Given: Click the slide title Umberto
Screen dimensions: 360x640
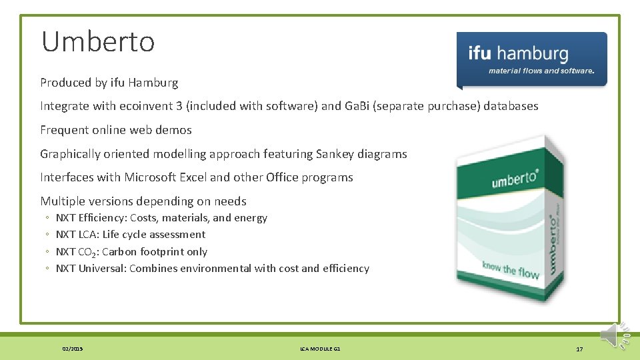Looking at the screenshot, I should (x=98, y=42).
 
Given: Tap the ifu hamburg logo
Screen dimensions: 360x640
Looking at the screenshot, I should (x=531, y=59).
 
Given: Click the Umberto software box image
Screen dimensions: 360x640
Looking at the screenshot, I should (x=511, y=217).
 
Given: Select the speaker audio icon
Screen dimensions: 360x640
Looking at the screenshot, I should (x=613, y=335).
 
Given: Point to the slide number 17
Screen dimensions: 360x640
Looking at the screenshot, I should (x=579, y=349).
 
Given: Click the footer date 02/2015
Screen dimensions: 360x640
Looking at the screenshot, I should (x=73, y=349).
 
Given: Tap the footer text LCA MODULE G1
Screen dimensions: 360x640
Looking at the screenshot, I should (x=320, y=349).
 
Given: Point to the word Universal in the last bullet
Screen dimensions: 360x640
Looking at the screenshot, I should (x=101, y=269).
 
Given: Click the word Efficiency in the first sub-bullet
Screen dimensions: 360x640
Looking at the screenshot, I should (x=101, y=218).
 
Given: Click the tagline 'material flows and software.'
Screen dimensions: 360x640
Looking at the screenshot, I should (x=541, y=71).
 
